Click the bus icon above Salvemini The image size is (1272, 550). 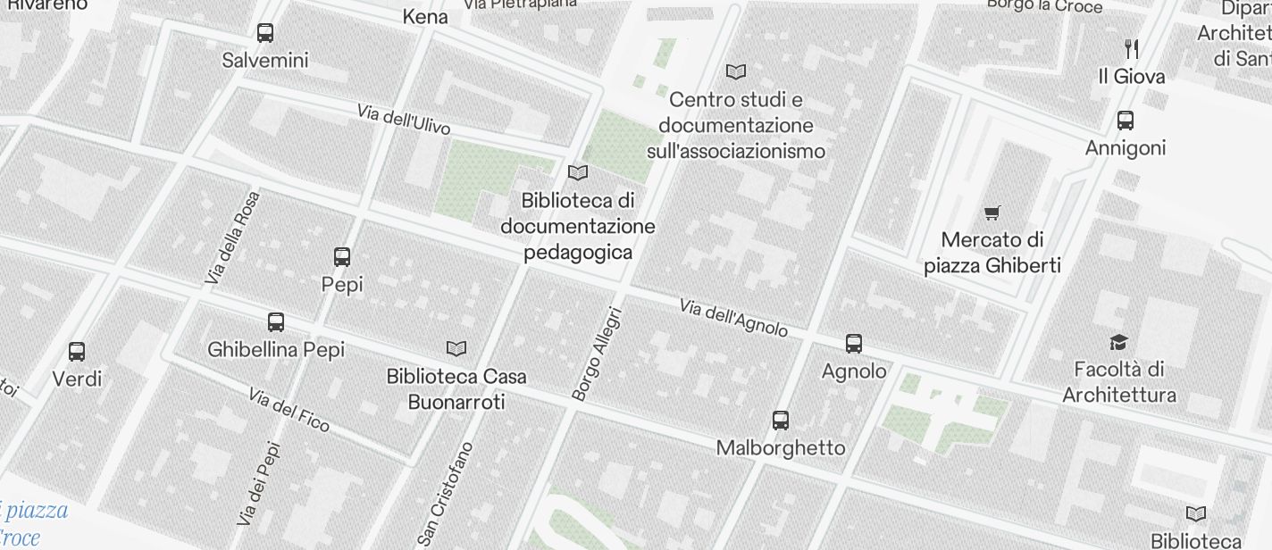[265, 33]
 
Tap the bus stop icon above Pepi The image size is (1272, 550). [341, 257]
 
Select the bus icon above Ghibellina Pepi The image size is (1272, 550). [276, 322]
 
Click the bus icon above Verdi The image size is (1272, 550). [77, 352]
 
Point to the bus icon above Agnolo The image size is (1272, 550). [854, 344]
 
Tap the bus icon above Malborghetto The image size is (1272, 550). [781, 421]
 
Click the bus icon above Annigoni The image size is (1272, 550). [1126, 121]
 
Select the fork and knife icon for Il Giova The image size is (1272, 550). [1132, 49]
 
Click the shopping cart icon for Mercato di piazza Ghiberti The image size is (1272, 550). [992, 212]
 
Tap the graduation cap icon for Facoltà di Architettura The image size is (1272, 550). [1118, 342]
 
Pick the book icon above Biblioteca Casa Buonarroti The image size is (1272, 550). [456, 348]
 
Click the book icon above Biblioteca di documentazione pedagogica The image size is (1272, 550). [578, 172]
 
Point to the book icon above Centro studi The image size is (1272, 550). [736, 71]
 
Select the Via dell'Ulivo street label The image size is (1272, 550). [403, 120]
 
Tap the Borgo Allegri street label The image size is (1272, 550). [596, 354]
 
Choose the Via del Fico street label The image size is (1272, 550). [289, 410]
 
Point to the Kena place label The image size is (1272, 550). [425, 16]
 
